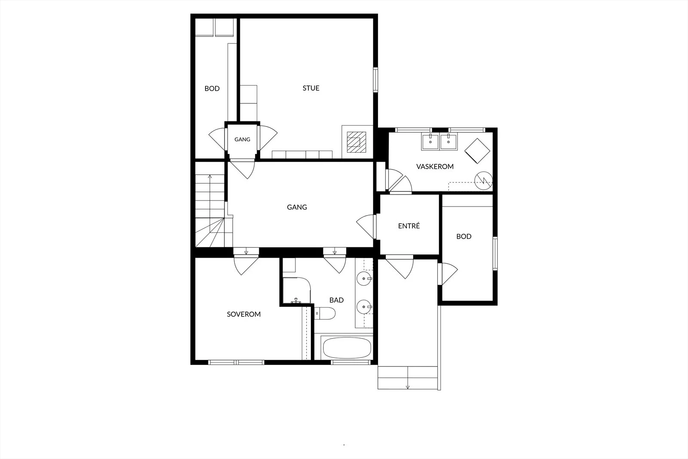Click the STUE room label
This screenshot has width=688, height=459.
click(x=311, y=88)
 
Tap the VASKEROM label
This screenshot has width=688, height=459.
click(x=435, y=166)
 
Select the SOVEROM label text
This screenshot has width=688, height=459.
click(x=243, y=314)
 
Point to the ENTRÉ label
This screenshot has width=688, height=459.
click(x=409, y=226)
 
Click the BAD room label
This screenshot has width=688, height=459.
click(x=336, y=300)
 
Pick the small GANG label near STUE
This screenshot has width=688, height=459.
click(x=243, y=139)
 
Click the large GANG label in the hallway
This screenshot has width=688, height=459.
click(x=297, y=207)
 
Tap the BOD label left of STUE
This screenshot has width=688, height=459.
click(x=212, y=89)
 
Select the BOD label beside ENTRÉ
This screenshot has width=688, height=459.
click(x=464, y=236)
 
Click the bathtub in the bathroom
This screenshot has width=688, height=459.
click(x=347, y=348)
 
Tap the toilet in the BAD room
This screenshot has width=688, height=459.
click(x=325, y=313)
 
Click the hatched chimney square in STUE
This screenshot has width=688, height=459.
click(x=356, y=142)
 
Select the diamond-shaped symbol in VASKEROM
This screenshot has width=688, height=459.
click(x=477, y=151)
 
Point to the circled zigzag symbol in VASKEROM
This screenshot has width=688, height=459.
click(x=483, y=181)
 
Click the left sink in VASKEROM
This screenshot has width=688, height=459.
click(x=430, y=142)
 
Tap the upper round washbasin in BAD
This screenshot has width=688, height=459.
click(x=364, y=279)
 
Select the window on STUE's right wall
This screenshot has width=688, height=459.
click(x=375, y=80)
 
